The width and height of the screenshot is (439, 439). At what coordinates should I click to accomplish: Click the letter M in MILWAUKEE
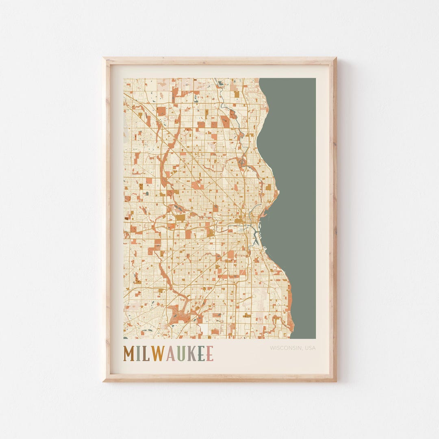pos(130,354)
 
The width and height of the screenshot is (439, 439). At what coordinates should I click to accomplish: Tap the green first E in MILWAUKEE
pos(201,354)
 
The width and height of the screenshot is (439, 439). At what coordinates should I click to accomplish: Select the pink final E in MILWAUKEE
pos(209,354)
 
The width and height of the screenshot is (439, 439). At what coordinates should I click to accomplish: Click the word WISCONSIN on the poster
pos(283,348)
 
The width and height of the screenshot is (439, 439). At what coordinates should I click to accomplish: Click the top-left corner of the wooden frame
pos(103,58)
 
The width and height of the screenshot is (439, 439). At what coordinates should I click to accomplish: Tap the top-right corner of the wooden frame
pos(336,58)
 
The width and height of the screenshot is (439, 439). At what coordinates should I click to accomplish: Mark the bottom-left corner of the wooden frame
pos(103,381)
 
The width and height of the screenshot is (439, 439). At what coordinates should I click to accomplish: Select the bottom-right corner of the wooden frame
pos(336,381)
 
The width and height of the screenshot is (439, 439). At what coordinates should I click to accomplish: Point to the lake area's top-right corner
pos(315,78)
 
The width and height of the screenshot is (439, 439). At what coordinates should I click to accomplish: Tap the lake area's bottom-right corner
pos(315,338)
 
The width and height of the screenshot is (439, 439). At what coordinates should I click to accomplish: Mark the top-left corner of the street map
pos(124,78)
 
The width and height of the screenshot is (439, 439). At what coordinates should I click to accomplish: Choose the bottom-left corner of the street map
pos(124,338)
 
